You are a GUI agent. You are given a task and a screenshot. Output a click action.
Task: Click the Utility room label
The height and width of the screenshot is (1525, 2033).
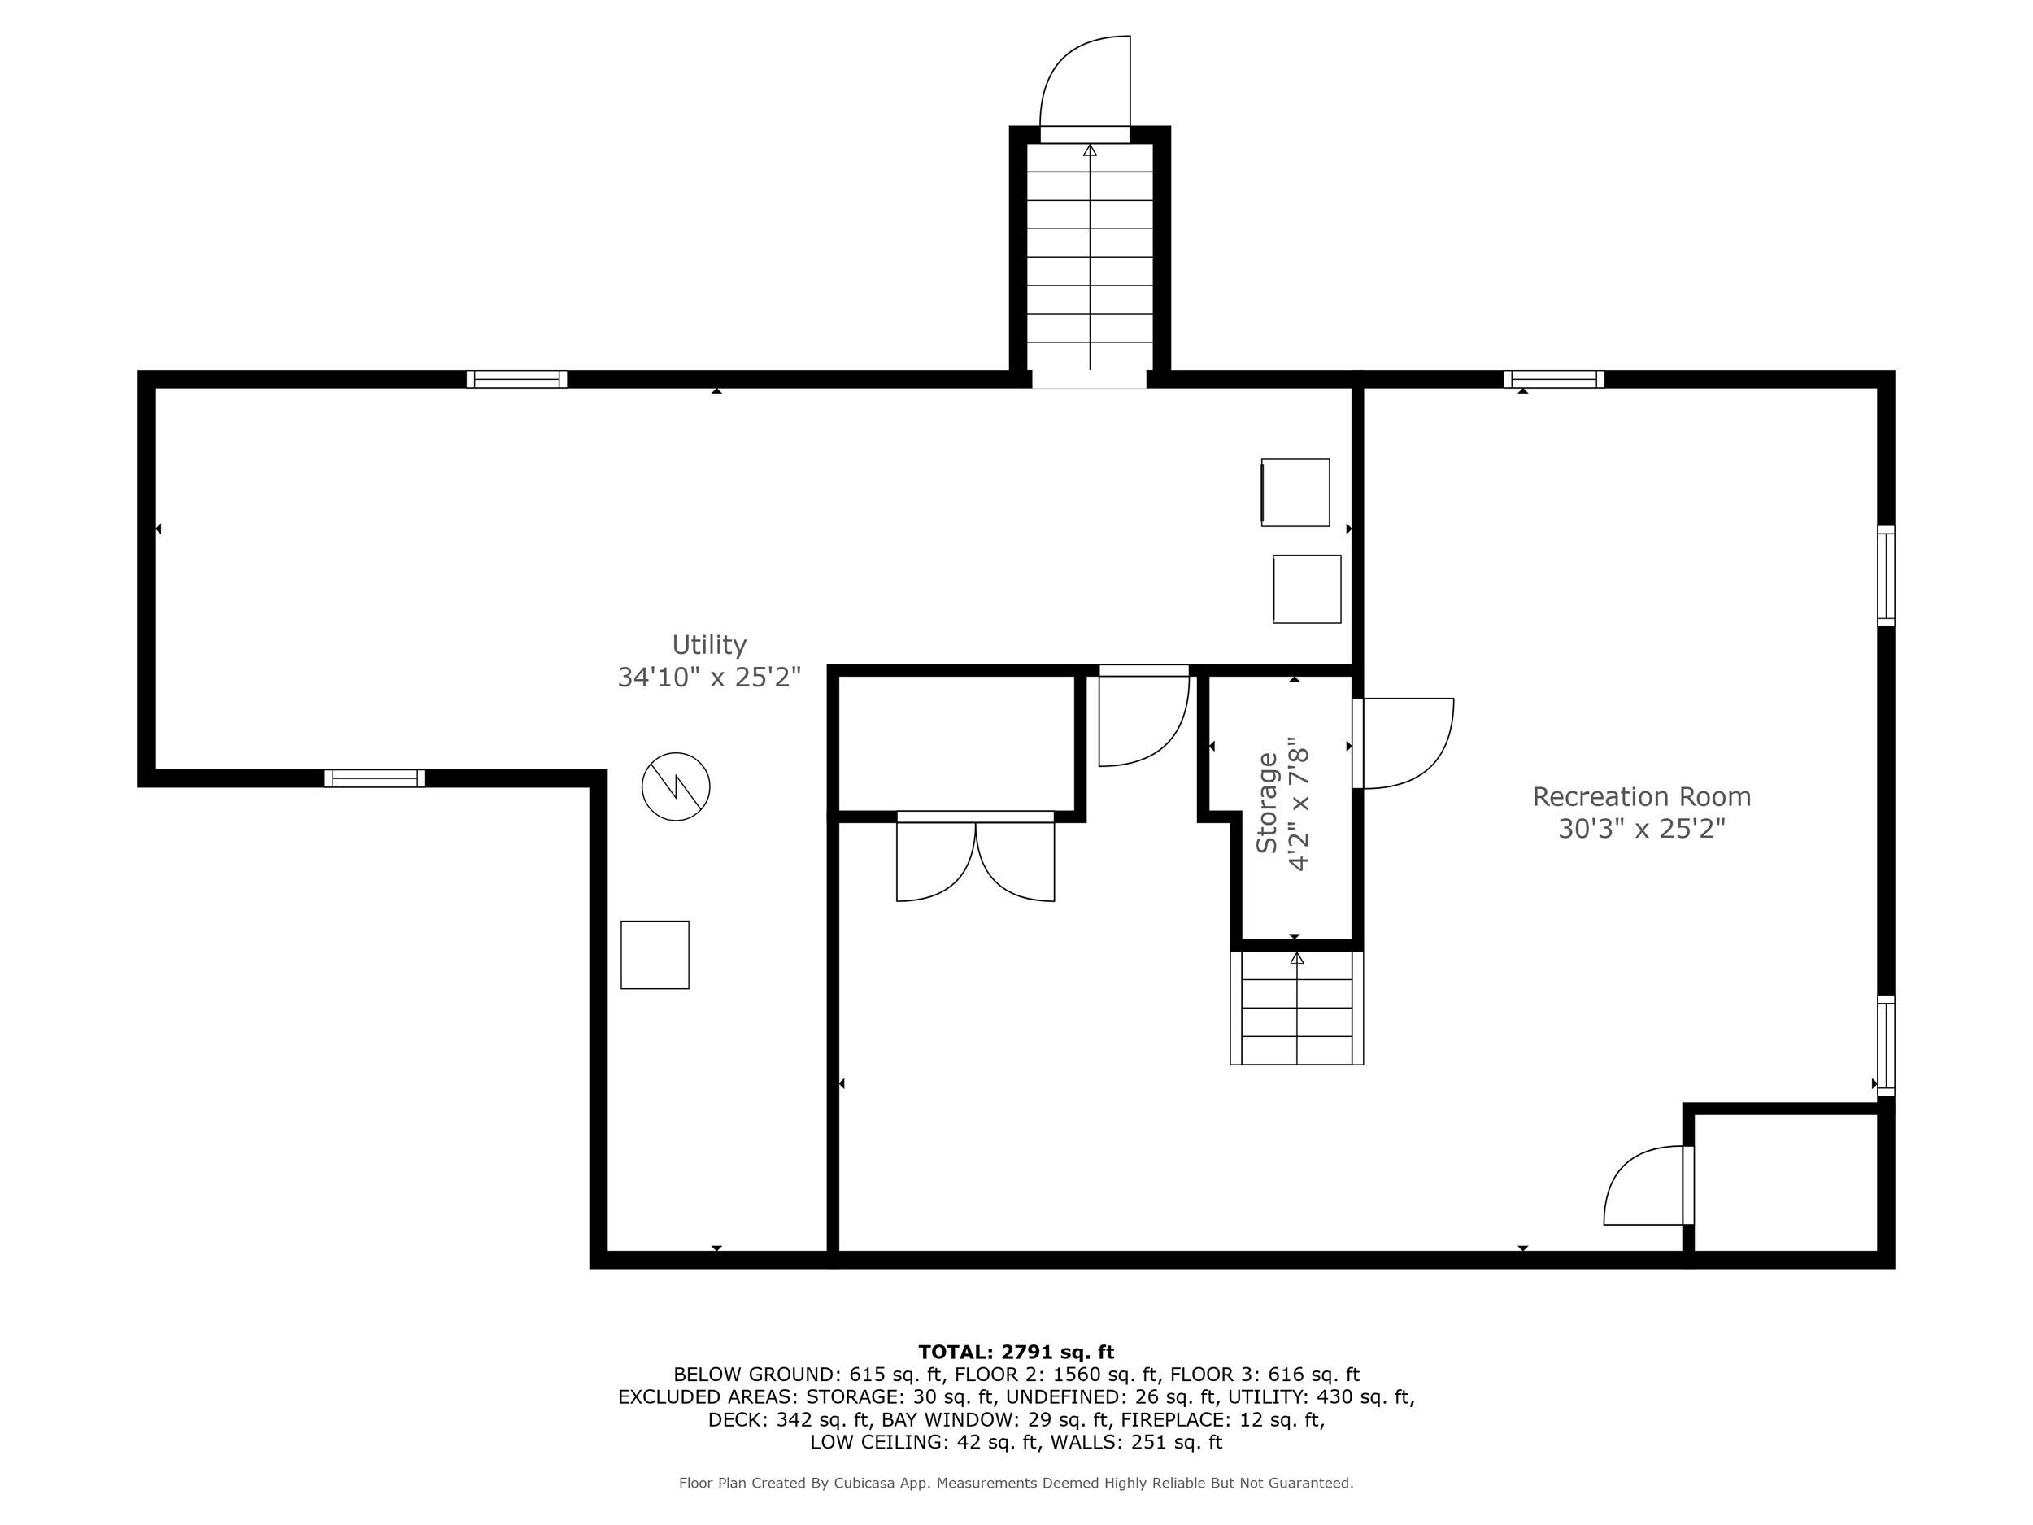pyautogui.click(x=708, y=644)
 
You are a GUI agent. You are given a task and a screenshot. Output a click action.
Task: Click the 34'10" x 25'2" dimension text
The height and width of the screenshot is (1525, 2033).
pyautogui.click(x=708, y=678)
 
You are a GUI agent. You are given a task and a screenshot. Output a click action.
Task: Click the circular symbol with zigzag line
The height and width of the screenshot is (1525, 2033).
pyautogui.click(x=676, y=786)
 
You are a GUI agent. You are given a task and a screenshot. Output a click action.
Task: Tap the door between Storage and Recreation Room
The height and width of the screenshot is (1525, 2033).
pyautogui.click(x=1402, y=743)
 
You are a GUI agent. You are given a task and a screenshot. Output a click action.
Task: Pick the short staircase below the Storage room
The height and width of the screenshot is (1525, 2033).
pyautogui.click(x=1296, y=1008)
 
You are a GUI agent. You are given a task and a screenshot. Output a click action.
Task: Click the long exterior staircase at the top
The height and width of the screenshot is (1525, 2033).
pyautogui.click(x=1089, y=257)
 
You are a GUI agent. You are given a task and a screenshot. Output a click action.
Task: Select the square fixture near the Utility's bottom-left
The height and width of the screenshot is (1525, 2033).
pyautogui.click(x=655, y=955)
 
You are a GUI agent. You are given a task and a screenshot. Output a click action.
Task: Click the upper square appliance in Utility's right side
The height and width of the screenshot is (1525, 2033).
pyautogui.click(x=1294, y=493)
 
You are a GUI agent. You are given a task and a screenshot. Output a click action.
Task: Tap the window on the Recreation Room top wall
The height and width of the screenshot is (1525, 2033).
pyautogui.click(x=1553, y=379)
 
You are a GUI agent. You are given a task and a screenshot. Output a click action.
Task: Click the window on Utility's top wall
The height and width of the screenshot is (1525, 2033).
pyautogui.click(x=516, y=379)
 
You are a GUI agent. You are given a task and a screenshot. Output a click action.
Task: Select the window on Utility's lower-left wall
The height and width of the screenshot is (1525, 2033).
pyautogui.click(x=375, y=778)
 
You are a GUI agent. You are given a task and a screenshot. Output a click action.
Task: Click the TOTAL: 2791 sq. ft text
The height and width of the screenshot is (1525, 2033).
pyautogui.click(x=1016, y=1353)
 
